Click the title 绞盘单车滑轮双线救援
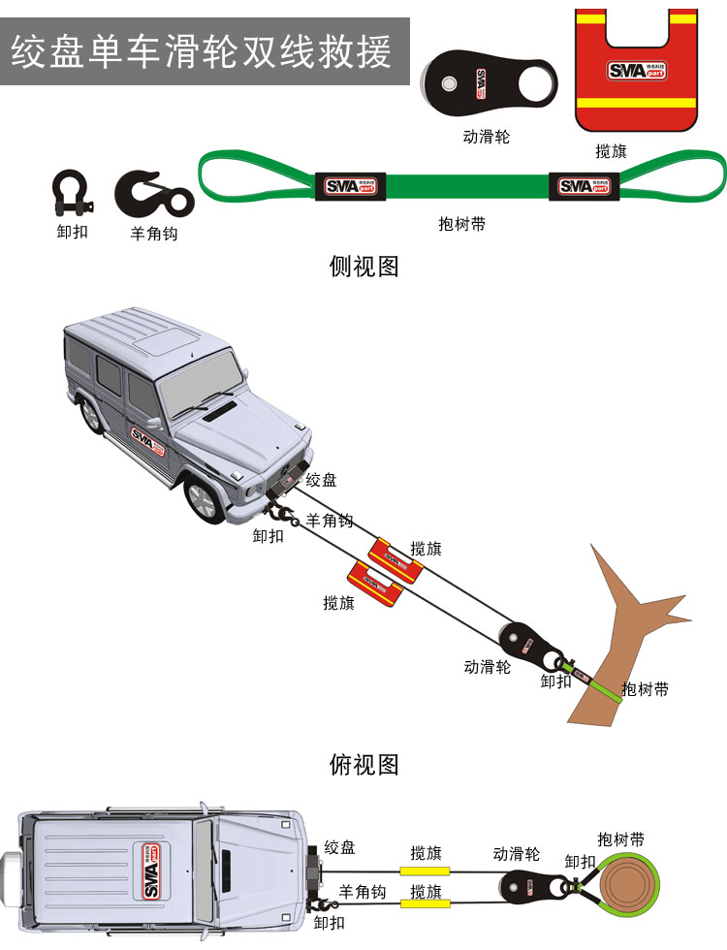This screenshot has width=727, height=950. (x=202, y=51)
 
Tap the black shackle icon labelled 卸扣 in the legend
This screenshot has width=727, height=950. (x=72, y=193)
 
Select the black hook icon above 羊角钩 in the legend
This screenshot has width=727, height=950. (x=154, y=194)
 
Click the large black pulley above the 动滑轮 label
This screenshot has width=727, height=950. (x=489, y=83)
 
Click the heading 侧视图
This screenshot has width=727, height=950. (x=363, y=266)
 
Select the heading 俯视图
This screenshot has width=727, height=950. (x=363, y=765)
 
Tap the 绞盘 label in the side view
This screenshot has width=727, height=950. (x=321, y=480)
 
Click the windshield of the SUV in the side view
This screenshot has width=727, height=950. (x=201, y=382)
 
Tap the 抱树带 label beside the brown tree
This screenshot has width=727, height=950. (x=646, y=689)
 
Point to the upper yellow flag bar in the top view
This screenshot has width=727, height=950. (x=425, y=871)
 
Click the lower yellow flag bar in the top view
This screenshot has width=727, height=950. (x=425, y=903)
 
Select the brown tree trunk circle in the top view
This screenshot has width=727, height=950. (x=628, y=887)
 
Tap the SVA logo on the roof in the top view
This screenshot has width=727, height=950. (x=151, y=871)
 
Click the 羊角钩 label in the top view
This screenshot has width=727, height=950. (x=363, y=892)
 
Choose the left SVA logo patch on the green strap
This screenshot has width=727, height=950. (x=351, y=186)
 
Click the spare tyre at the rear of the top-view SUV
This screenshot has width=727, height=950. (x=12, y=871)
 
